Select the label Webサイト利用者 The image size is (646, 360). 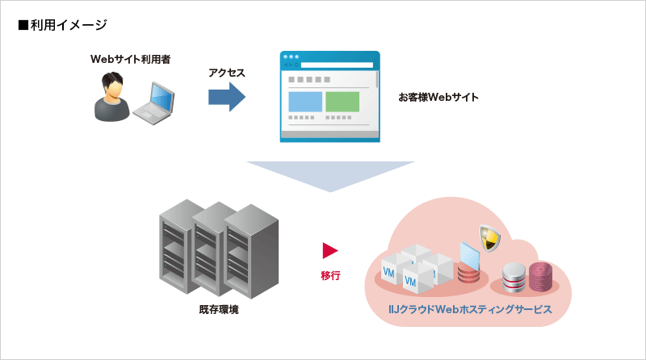pyautogui.click(x=130, y=60)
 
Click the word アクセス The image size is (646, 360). pyautogui.click(x=227, y=73)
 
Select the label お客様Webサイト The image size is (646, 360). pyautogui.click(x=438, y=98)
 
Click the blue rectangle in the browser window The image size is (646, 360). pyautogui.click(x=305, y=102)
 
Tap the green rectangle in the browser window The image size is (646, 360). pyautogui.click(x=342, y=102)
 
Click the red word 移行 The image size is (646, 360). pyautogui.click(x=330, y=275)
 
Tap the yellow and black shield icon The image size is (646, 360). pyautogui.click(x=488, y=237)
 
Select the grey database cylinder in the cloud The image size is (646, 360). pyautogui.click(x=514, y=278)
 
